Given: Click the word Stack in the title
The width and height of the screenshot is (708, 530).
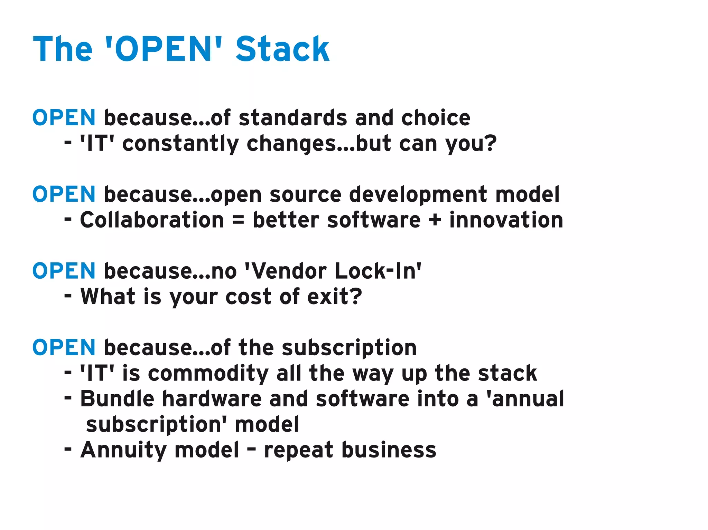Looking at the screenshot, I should (282, 49).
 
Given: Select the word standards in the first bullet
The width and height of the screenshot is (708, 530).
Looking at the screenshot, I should (292, 118).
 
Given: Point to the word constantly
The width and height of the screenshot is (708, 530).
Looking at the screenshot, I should (180, 144).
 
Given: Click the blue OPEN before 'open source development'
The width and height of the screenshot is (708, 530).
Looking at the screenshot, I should (64, 194).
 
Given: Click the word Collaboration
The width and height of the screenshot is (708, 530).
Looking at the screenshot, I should (152, 220).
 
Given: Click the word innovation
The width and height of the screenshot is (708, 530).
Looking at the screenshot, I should (506, 220).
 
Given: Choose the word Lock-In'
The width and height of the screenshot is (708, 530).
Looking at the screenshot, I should (378, 271).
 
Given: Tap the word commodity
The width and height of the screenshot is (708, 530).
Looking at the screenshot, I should (208, 373).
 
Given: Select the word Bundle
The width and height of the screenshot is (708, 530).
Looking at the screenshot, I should (117, 399).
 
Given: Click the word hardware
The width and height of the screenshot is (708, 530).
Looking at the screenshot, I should (212, 399).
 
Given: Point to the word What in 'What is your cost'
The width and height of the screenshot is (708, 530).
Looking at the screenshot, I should (108, 297).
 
